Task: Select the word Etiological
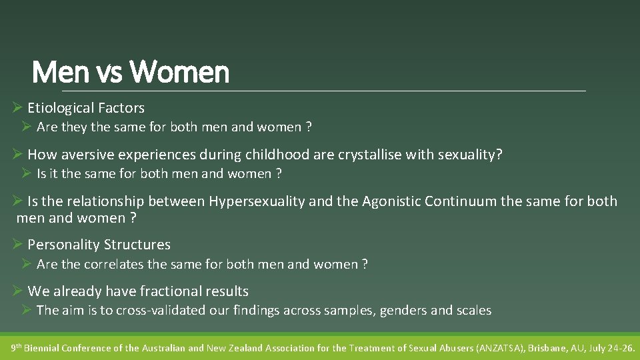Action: [62, 108]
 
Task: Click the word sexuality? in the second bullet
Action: [470, 155]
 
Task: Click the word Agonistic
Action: [391, 201]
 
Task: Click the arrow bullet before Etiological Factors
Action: [18, 108]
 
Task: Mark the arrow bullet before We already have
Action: [18, 291]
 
